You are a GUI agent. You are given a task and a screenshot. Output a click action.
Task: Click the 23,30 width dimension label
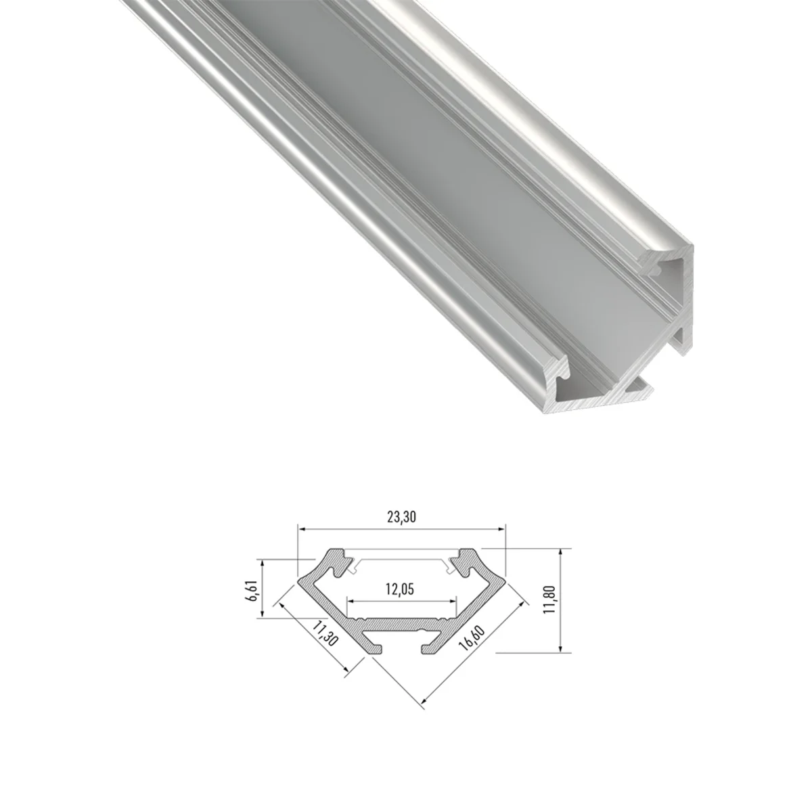click(x=401, y=517)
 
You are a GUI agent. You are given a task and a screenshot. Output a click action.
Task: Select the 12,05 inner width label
click(x=399, y=589)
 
